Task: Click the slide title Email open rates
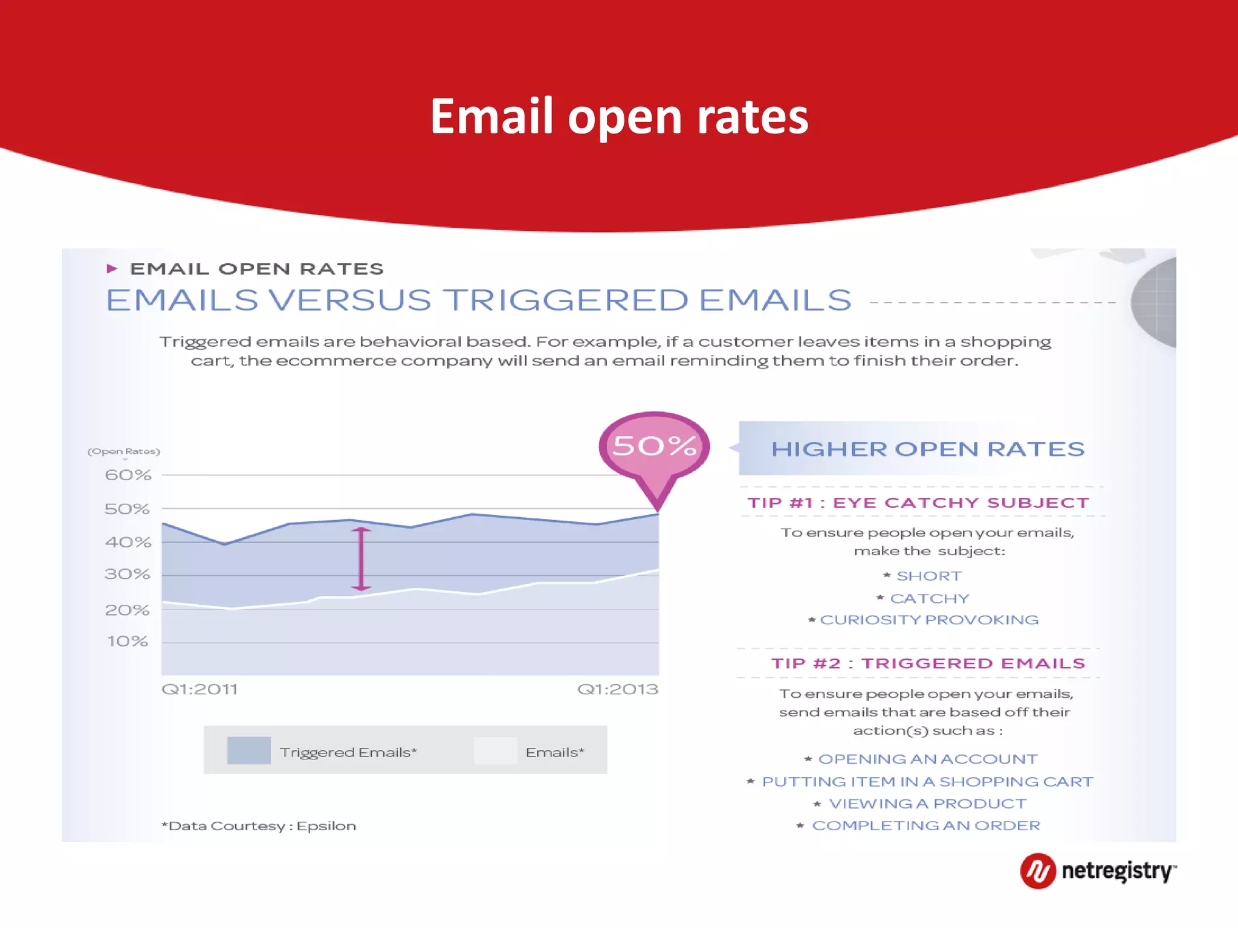pyautogui.click(x=619, y=116)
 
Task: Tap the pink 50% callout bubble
pyautogui.click(x=654, y=446)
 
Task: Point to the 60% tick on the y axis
pyautogui.click(x=128, y=475)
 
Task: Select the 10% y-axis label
pyautogui.click(x=128, y=641)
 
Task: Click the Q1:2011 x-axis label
pyautogui.click(x=199, y=689)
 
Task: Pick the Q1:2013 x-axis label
pyautogui.click(x=617, y=689)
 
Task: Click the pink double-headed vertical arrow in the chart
pyautogui.click(x=361, y=559)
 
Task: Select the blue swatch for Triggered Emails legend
pyautogui.click(x=248, y=750)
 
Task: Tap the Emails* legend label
pyautogui.click(x=554, y=752)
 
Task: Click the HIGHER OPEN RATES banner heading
pyautogui.click(x=927, y=449)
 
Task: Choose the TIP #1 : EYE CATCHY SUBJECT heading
pyautogui.click(x=918, y=503)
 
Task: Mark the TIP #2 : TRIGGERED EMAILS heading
pyautogui.click(x=928, y=663)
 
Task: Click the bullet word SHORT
pyautogui.click(x=928, y=576)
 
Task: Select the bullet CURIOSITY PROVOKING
pyautogui.click(x=928, y=620)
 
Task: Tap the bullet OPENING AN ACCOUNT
pyautogui.click(x=927, y=759)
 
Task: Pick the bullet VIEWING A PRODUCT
pyautogui.click(x=927, y=804)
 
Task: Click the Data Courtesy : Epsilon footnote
pyautogui.click(x=259, y=826)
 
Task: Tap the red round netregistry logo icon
pyautogui.click(x=1037, y=871)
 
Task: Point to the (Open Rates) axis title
pyautogui.click(x=123, y=451)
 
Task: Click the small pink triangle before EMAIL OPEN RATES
pyautogui.click(x=112, y=269)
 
